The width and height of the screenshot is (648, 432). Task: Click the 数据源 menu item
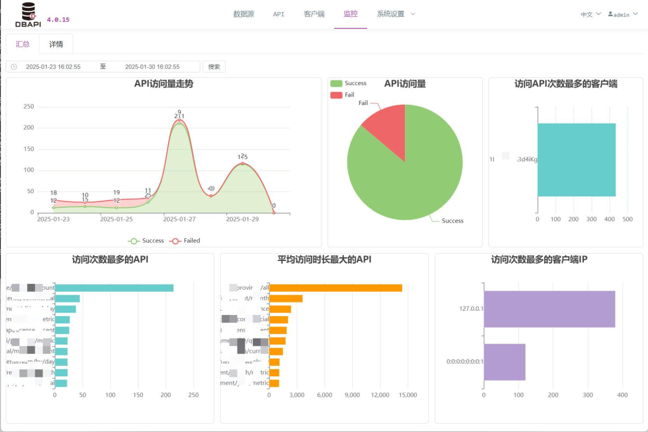pyautogui.click(x=244, y=14)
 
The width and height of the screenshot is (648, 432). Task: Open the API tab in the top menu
pyautogui.click(x=278, y=14)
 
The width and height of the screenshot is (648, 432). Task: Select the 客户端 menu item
pyautogui.click(x=314, y=14)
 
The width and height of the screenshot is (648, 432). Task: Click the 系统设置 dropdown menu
pyautogui.click(x=395, y=14)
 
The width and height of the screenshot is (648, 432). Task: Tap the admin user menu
pyautogui.click(x=623, y=14)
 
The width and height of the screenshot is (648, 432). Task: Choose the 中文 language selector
pyautogui.click(x=590, y=14)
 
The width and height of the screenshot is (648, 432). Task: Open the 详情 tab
pyautogui.click(x=56, y=44)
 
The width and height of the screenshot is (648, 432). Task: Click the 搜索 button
pyautogui.click(x=214, y=67)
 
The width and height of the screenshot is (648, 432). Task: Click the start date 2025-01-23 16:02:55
pyautogui.click(x=53, y=67)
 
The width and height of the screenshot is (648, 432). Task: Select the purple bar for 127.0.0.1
pyautogui.click(x=549, y=309)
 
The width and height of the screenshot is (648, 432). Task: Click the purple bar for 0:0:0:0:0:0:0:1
pyautogui.click(x=504, y=362)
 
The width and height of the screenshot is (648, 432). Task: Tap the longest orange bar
pyautogui.click(x=335, y=288)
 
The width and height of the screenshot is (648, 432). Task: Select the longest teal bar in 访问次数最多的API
pyautogui.click(x=114, y=288)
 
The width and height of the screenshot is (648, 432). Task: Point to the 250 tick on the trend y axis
pyautogui.click(x=28, y=107)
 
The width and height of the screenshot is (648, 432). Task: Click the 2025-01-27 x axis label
pyautogui.click(x=179, y=220)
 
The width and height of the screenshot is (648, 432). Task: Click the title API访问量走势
pyautogui.click(x=163, y=84)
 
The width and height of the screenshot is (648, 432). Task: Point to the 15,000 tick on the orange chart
pyautogui.click(x=407, y=395)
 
